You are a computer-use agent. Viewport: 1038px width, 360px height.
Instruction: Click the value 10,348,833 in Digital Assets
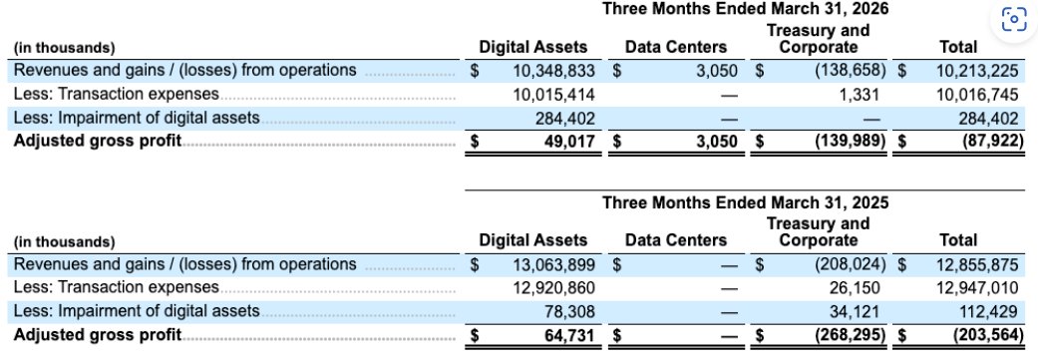[554, 71]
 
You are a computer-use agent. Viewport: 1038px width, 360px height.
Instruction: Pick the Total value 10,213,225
[976, 71]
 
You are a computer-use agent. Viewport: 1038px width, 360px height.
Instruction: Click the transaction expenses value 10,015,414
[554, 95]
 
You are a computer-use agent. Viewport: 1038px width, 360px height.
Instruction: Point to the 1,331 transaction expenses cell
[859, 95]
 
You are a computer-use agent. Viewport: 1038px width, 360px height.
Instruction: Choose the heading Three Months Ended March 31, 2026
[746, 9]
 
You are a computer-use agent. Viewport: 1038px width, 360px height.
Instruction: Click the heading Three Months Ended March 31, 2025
[746, 202]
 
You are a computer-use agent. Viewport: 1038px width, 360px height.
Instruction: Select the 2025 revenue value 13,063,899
[554, 264]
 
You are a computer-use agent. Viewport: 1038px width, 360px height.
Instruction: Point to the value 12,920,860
[554, 288]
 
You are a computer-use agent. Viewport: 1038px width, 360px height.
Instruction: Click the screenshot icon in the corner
[1013, 19]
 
